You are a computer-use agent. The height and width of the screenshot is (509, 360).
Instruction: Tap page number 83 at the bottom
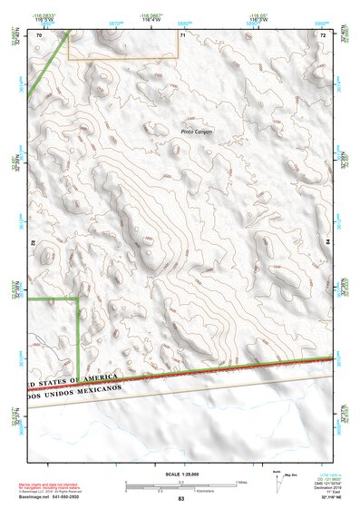(x=180, y=500)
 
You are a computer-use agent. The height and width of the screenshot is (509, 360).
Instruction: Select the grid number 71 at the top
(x=182, y=34)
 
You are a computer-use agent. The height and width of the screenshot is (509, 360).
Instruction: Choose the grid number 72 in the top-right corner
(x=322, y=34)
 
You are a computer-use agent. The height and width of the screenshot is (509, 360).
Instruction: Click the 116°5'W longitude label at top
(x=43, y=20)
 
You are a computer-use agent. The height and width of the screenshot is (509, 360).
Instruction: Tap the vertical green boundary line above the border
(x=78, y=336)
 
